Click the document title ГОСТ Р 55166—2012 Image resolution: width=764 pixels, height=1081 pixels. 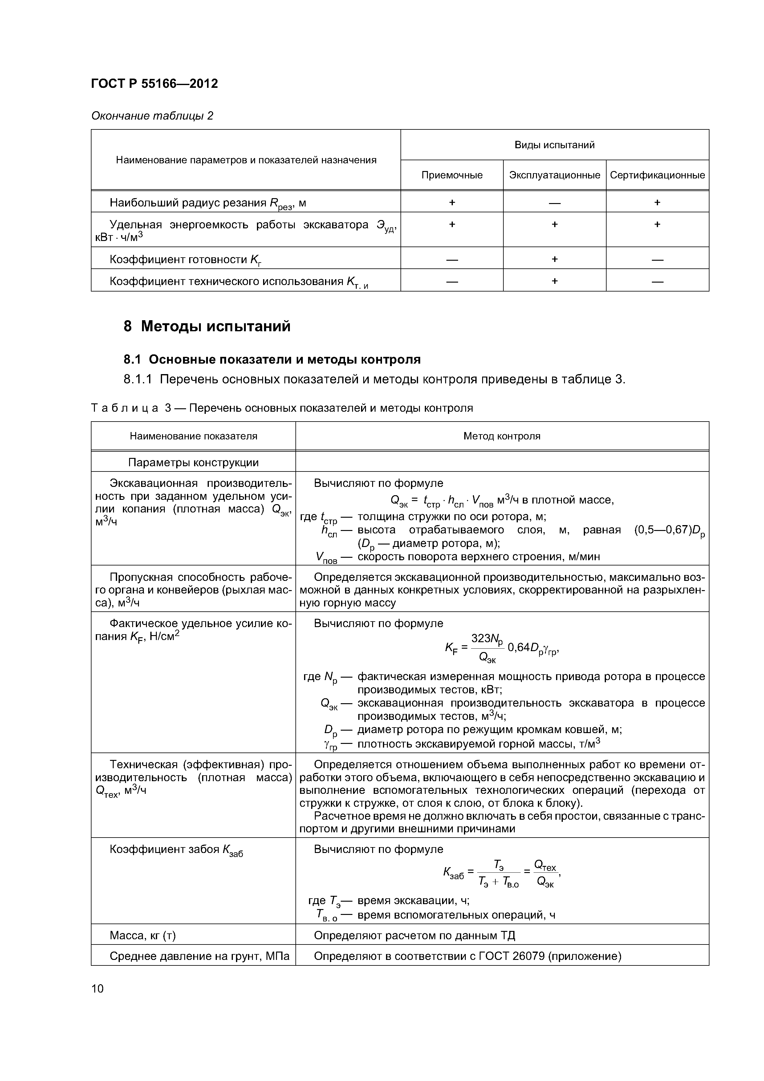154,84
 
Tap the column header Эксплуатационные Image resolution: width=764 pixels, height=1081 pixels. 555,175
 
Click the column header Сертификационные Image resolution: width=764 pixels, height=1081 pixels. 657,175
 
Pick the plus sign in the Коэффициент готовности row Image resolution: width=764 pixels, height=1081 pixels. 555,259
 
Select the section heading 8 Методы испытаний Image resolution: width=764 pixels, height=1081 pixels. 207,326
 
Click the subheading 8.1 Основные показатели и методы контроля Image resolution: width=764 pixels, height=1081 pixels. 272,360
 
